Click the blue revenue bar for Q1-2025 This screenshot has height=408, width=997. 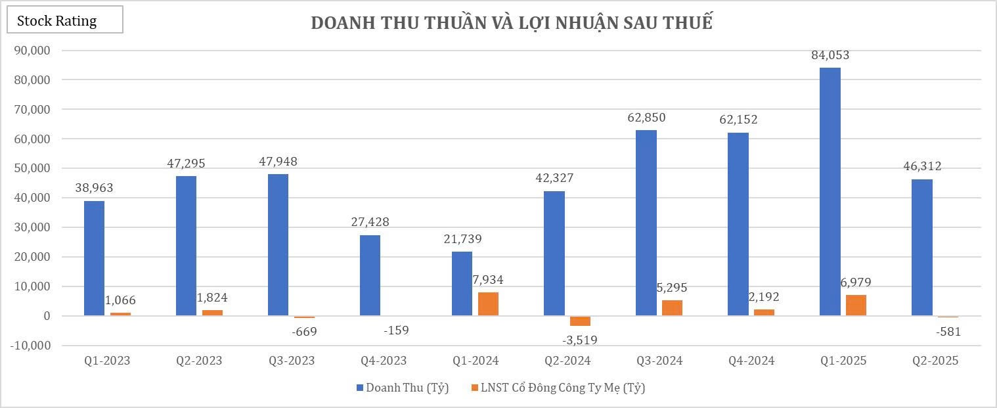click(x=830, y=191)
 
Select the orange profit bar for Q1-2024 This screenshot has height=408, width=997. click(x=488, y=304)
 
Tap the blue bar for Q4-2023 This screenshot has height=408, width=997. click(x=370, y=275)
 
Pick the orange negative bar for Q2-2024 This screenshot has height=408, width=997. click(x=580, y=321)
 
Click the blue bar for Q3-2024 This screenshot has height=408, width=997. click(x=646, y=223)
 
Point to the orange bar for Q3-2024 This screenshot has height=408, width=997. click(x=672, y=308)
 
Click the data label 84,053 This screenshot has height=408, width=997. click(x=830, y=55)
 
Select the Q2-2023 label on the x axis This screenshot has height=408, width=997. click(x=199, y=361)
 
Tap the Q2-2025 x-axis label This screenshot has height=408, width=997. click(x=935, y=361)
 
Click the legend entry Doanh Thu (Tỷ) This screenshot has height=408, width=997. click(x=402, y=388)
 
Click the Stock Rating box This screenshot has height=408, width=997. click(x=64, y=21)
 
